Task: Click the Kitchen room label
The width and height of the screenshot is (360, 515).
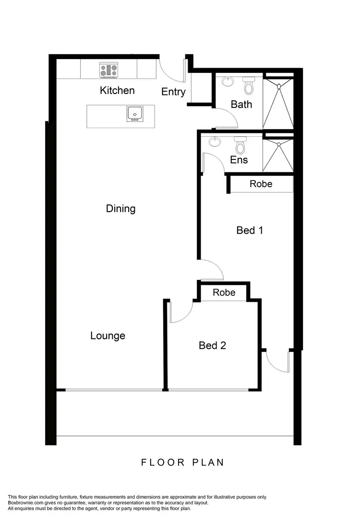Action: pyautogui.click(x=117, y=90)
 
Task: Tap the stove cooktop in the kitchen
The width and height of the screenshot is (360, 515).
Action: pyautogui.click(x=108, y=70)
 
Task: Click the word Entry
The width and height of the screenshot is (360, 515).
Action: pyautogui.click(x=173, y=92)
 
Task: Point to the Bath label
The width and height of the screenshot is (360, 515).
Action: pyautogui.click(x=241, y=104)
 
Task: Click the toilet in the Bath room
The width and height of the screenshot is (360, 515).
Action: pyautogui.click(x=249, y=86)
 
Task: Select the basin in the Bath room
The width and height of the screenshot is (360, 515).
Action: pyautogui.click(x=227, y=82)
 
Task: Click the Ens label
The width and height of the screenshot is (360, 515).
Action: pyautogui.click(x=239, y=160)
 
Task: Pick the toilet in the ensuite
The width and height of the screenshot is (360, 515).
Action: pyautogui.click(x=240, y=145)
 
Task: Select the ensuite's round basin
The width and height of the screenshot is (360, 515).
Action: pyautogui.click(x=215, y=142)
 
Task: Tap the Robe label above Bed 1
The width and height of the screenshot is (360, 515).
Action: pyautogui.click(x=261, y=184)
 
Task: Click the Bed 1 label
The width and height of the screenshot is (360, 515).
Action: pyautogui.click(x=250, y=230)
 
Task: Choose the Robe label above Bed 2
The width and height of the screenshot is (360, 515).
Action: pyautogui.click(x=224, y=292)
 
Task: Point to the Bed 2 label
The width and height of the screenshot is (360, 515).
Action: pyautogui.click(x=212, y=345)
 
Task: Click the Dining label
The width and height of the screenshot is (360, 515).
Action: pyautogui.click(x=120, y=209)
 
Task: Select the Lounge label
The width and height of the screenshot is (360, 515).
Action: pyautogui.click(x=108, y=336)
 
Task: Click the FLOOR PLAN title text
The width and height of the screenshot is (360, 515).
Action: pyautogui.click(x=182, y=463)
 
